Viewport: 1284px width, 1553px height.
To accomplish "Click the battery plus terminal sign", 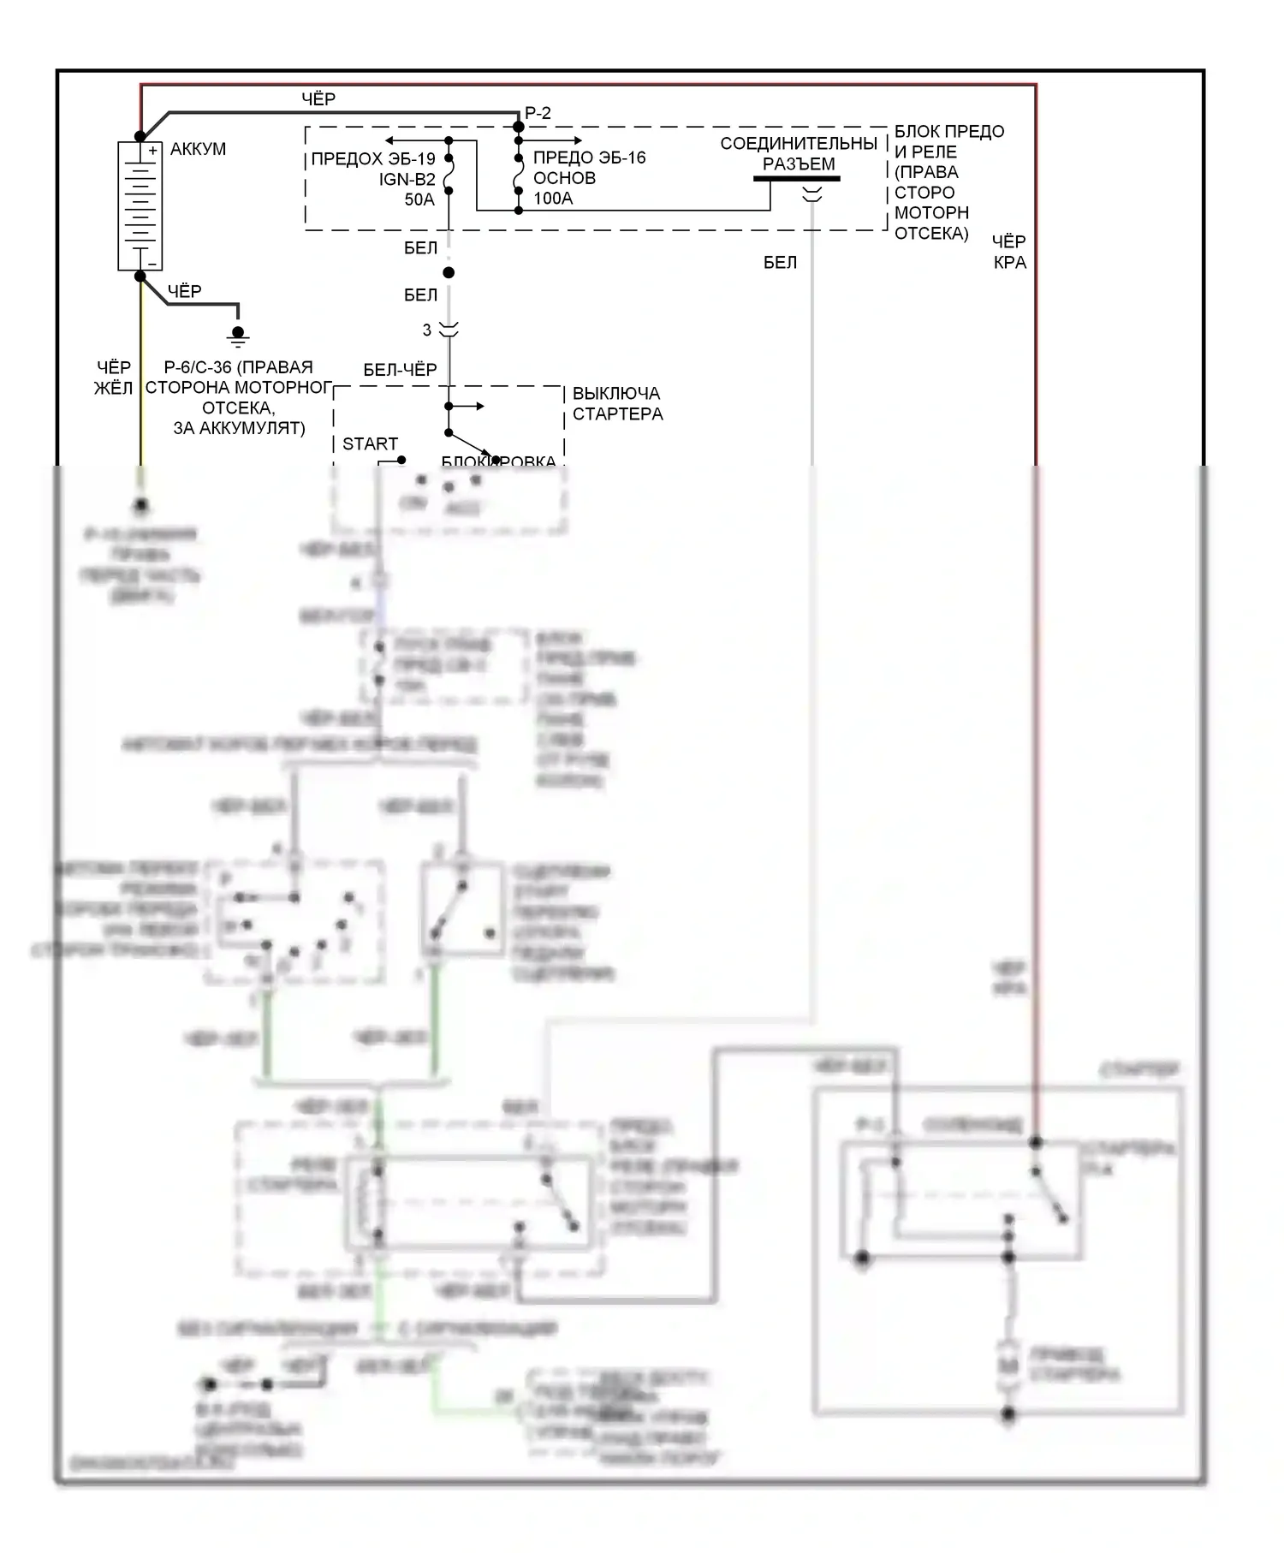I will tap(152, 151).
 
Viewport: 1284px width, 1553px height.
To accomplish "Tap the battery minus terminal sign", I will tap(152, 264).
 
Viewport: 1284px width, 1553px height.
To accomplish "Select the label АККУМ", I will tap(198, 149).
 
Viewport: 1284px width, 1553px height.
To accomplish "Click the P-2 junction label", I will tap(538, 113).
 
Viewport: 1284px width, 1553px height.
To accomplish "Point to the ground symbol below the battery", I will tap(238, 335).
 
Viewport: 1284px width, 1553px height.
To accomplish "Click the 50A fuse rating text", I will tap(419, 199).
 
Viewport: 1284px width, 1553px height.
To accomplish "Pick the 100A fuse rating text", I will tap(553, 199).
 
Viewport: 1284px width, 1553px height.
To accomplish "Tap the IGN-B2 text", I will tap(407, 179).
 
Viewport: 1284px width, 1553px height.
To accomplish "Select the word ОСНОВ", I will tap(564, 178).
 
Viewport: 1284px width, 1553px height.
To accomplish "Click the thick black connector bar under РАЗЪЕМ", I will tap(796, 179).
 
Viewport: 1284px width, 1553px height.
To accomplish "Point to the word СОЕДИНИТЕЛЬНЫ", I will tap(799, 143).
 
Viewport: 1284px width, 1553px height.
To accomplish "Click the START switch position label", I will tap(370, 443).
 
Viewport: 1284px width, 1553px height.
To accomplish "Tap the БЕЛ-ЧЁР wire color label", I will tap(400, 370).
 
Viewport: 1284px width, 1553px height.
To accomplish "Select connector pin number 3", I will tap(427, 330).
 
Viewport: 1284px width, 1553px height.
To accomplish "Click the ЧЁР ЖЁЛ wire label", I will tap(113, 378).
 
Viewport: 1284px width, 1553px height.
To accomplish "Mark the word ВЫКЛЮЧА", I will tap(616, 394).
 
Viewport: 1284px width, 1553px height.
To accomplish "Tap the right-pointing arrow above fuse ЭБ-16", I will tap(577, 140).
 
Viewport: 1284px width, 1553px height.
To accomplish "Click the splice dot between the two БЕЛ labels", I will tap(449, 273).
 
